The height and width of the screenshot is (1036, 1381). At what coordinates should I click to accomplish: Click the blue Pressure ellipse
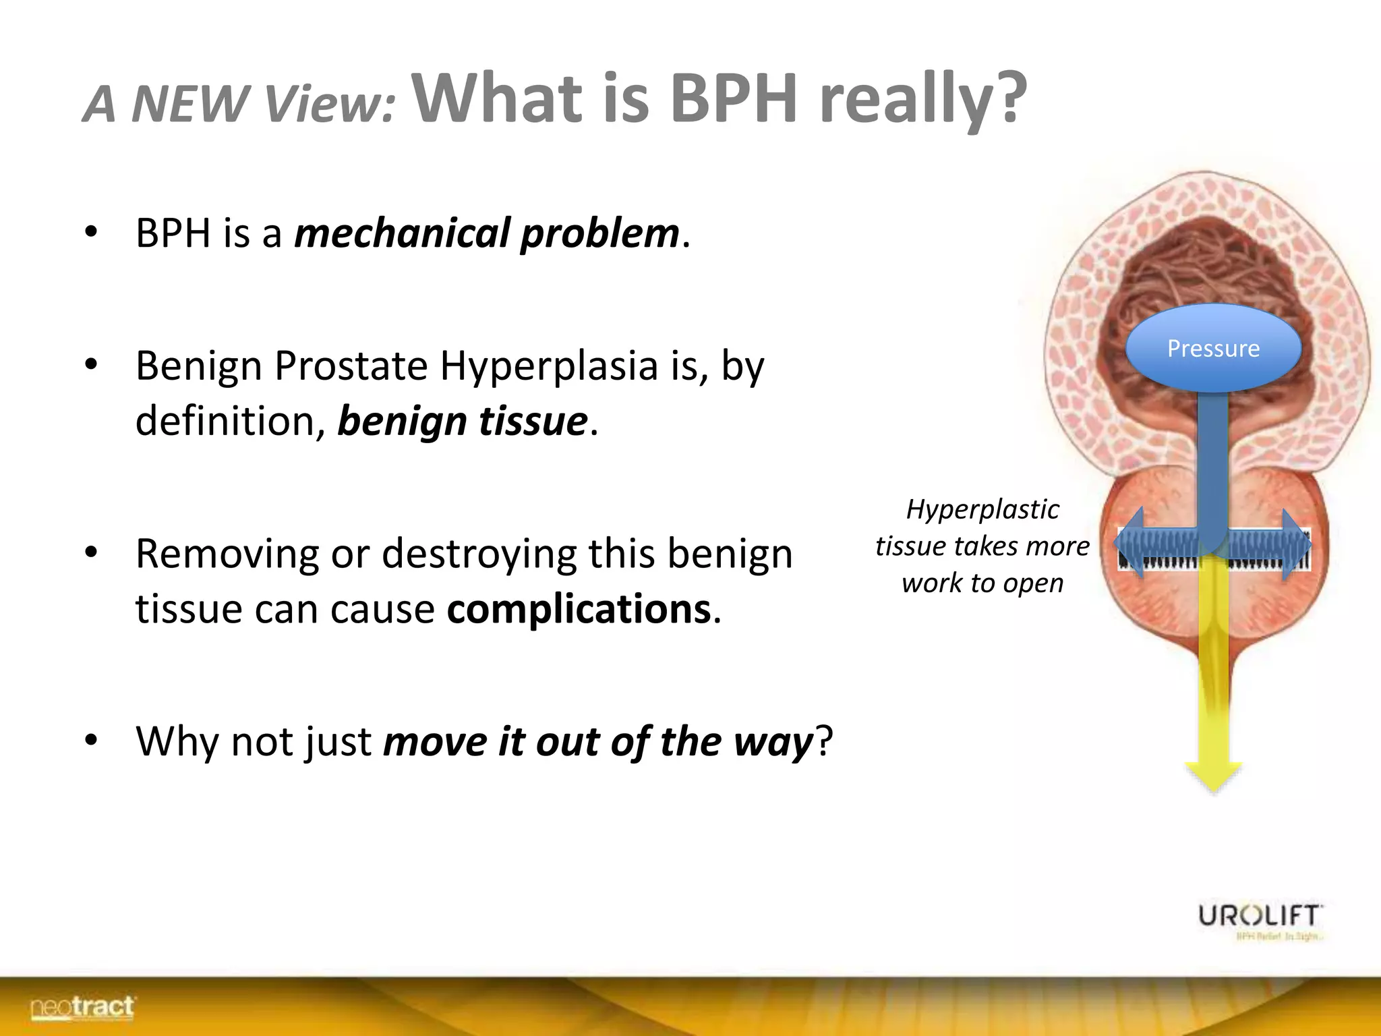pos(1213,348)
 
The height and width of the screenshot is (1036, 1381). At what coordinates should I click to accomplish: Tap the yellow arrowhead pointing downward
pos(1213,776)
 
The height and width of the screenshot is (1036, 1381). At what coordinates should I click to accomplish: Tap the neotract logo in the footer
pos(82,1008)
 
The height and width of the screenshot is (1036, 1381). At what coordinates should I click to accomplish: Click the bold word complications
pos(579,609)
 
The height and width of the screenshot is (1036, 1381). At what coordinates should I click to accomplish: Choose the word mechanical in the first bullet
pos(402,233)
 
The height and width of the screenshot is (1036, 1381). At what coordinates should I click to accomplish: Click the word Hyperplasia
pos(549,366)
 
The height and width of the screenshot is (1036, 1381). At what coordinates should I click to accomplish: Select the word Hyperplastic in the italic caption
pos(982,509)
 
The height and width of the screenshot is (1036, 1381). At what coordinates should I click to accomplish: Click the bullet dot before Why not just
pos(92,741)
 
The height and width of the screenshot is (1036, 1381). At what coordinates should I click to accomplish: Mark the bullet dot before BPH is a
pos(92,232)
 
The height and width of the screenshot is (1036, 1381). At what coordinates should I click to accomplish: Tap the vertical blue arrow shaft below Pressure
pos(1212,459)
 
